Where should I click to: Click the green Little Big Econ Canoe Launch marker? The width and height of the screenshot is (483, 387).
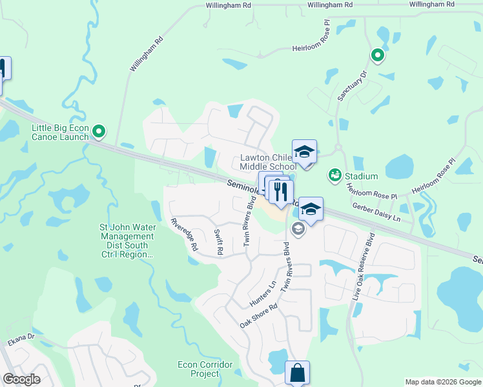[98, 132]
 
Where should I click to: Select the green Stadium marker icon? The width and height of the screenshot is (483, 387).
[334, 175]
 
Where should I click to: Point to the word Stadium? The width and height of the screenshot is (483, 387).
[361, 176]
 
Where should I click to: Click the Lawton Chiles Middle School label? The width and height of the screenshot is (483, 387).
[268, 162]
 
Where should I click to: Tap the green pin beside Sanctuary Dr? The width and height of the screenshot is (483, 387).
[377, 56]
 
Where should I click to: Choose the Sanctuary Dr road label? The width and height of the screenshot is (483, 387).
[351, 86]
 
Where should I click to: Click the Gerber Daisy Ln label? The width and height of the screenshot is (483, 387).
[376, 211]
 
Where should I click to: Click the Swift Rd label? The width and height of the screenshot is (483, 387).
[216, 245]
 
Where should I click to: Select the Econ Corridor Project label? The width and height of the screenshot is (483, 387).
[205, 369]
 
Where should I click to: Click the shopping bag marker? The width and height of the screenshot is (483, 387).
[297, 373]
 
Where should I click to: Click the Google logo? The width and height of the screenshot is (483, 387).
[21, 379]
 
